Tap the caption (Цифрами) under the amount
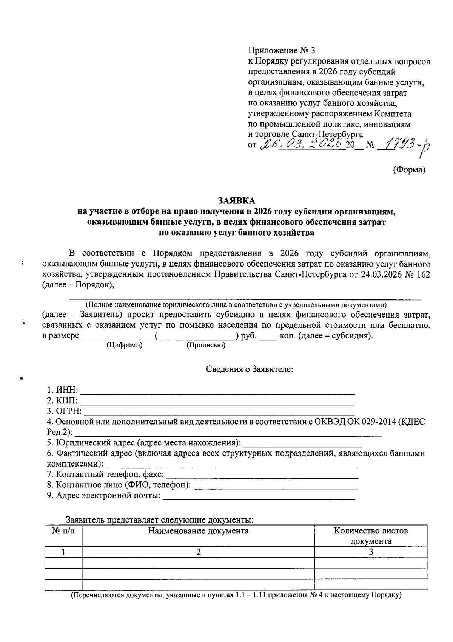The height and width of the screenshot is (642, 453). tap(125, 345)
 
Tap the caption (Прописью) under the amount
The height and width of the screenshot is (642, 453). tap(206, 345)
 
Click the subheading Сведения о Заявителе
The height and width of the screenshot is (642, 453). tap(250, 369)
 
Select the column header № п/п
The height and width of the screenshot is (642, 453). tap(63, 531)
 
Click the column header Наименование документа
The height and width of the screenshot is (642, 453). tap(198, 531)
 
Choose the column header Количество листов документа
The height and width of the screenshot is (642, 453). tap(371, 536)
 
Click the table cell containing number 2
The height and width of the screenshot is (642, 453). tap(198, 552)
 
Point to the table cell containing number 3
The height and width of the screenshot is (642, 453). tap(371, 552)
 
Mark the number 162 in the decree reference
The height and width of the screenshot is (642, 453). tap(423, 274)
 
